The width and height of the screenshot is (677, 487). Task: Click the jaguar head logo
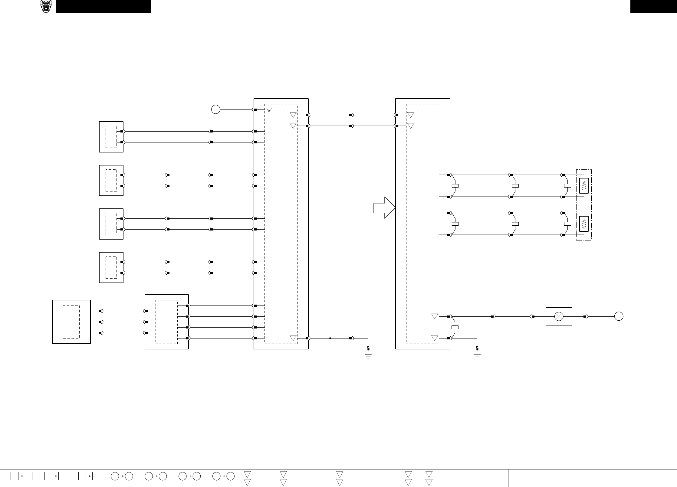(46, 6)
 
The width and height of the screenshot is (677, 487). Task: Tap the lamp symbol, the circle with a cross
(559, 316)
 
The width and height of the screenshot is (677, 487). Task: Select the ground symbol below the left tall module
(368, 354)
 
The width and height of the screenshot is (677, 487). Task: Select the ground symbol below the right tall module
(477, 354)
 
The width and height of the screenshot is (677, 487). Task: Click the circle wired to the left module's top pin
(215, 109)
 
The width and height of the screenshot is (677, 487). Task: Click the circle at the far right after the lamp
(619, 316)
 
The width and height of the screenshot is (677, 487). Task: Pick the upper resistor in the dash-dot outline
(584, 186)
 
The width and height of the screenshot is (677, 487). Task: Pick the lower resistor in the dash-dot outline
(584, 224)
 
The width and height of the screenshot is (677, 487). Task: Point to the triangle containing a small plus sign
(269, 110)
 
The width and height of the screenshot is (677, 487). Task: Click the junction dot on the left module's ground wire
(330, 338)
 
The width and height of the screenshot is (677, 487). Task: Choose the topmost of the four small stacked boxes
(111, 137)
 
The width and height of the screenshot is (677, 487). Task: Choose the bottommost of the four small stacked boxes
(111, 267)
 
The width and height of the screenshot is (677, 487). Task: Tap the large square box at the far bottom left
(71, 322)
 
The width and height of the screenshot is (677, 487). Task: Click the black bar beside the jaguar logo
(104, 6)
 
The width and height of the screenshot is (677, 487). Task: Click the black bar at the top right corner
(653, 6)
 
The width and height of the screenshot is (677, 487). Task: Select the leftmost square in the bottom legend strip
(14, 476)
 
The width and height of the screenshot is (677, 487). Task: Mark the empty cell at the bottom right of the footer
(592, 478)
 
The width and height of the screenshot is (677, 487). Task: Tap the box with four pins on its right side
(166, 322)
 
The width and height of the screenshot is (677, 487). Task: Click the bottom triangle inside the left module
(293, 338)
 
